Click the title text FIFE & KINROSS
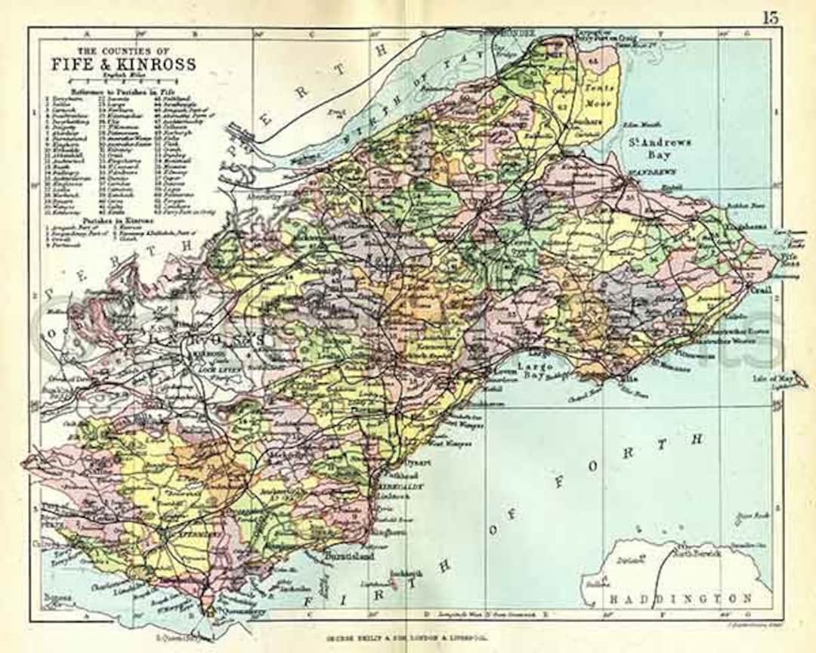tap(124, 64)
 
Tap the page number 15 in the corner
tap(770, 17)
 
